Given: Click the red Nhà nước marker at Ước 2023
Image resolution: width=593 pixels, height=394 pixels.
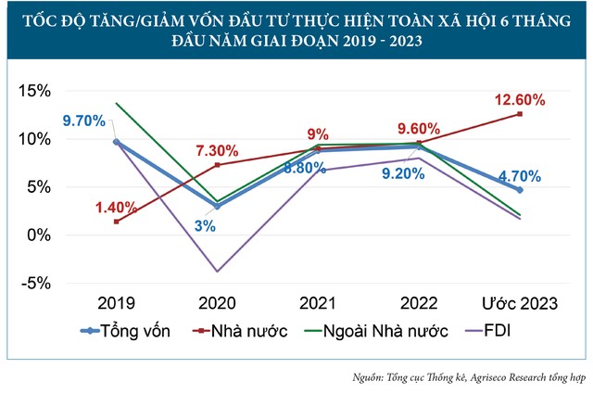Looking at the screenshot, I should click(x=520, y=114).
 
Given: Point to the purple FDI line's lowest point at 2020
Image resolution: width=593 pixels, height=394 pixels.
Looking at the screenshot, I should click(x=217, y=272).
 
